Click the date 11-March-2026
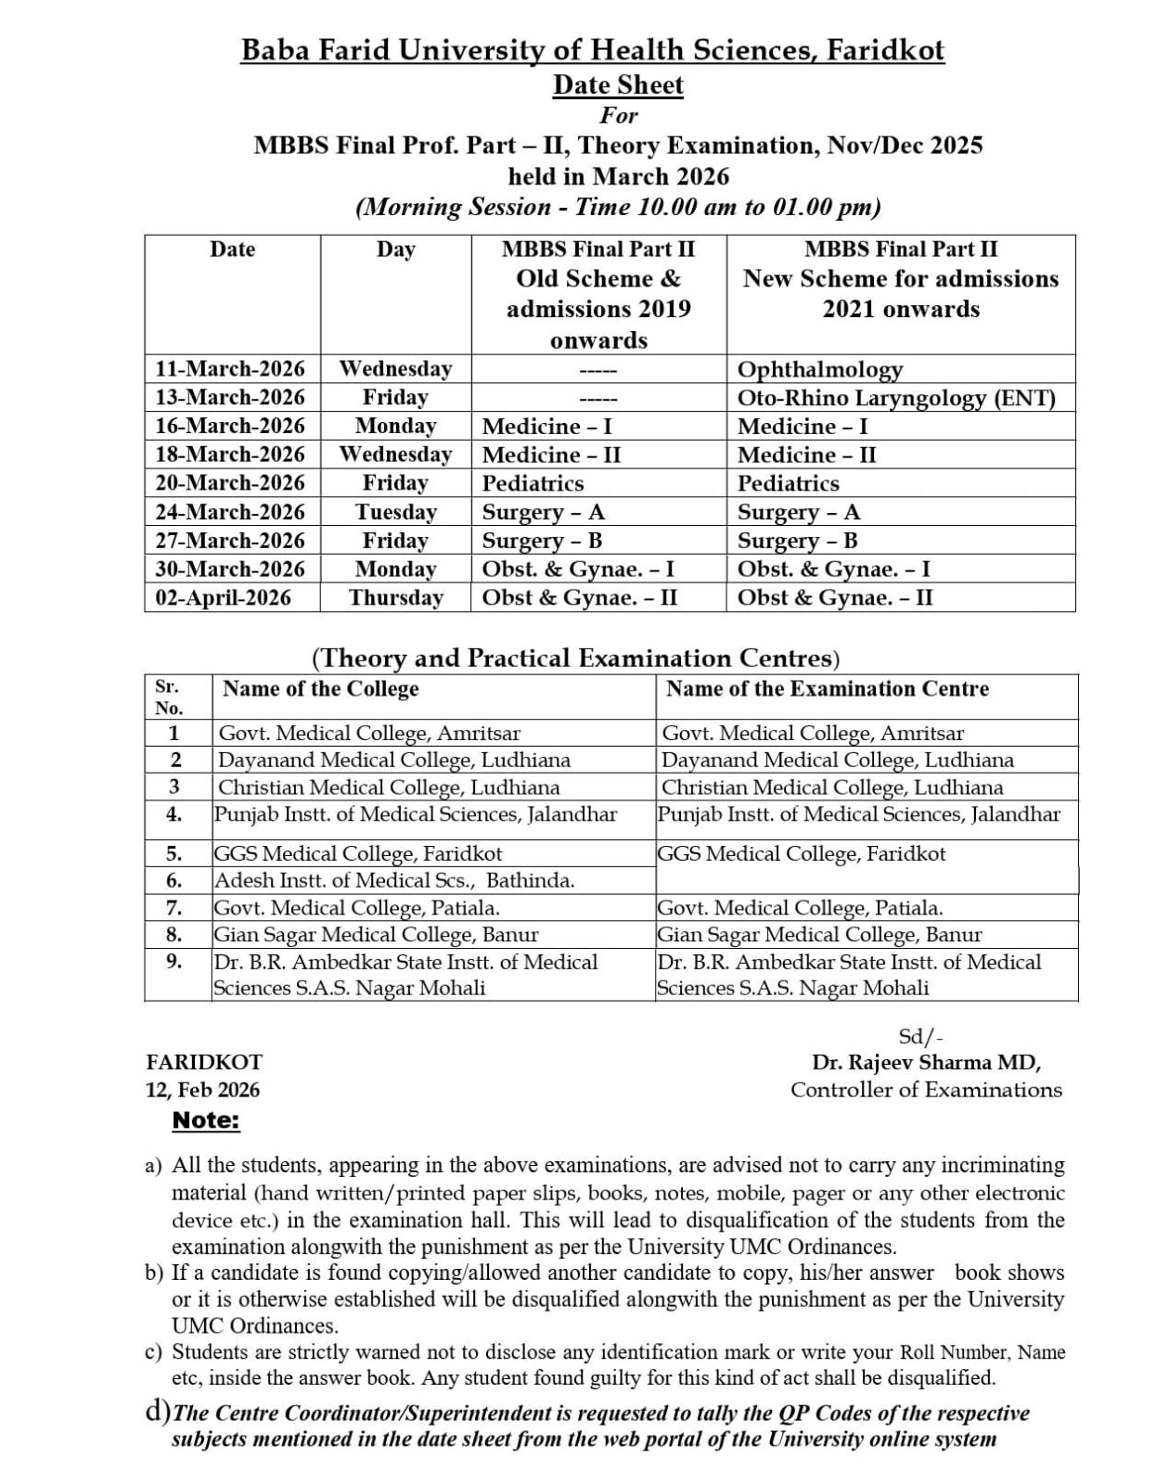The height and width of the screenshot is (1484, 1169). click(x=229, y=369)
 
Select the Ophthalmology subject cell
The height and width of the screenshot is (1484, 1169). click(x=819, y=370)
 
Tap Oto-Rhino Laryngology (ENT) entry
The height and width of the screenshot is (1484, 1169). click(x=895, y=398)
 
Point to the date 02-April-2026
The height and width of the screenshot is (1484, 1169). click(x=223, y=597)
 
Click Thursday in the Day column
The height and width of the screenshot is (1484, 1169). click(x=396, y=597)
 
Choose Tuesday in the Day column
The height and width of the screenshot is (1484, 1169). click(x=396, y=512)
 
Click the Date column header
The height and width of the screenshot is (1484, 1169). click(x=232, y=249)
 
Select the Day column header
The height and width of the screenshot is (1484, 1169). click(x=396, y=249)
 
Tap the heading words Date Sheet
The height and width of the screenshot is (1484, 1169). click(x=618, y=84)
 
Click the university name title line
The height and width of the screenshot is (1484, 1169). click(x=593, y=49)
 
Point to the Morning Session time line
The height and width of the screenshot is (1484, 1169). click(x=618, y=206)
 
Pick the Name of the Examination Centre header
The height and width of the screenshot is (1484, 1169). click(x=827, y=689)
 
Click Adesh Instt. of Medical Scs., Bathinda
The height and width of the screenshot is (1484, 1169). click(x=394, y=880)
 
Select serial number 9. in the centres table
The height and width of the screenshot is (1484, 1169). click(x=173, y=961)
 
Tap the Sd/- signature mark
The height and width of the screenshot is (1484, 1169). click(x=920, y=1037)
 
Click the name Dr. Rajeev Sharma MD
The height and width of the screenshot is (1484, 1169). click(x=926, y=1063)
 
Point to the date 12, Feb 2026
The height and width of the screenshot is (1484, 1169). click(x=202, y=1090)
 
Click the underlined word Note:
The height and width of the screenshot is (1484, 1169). click(x=206, y=1120)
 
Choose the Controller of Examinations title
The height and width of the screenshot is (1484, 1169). click(x=926, y=1090)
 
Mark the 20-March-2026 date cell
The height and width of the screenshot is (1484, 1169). click(x=229, y=483)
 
